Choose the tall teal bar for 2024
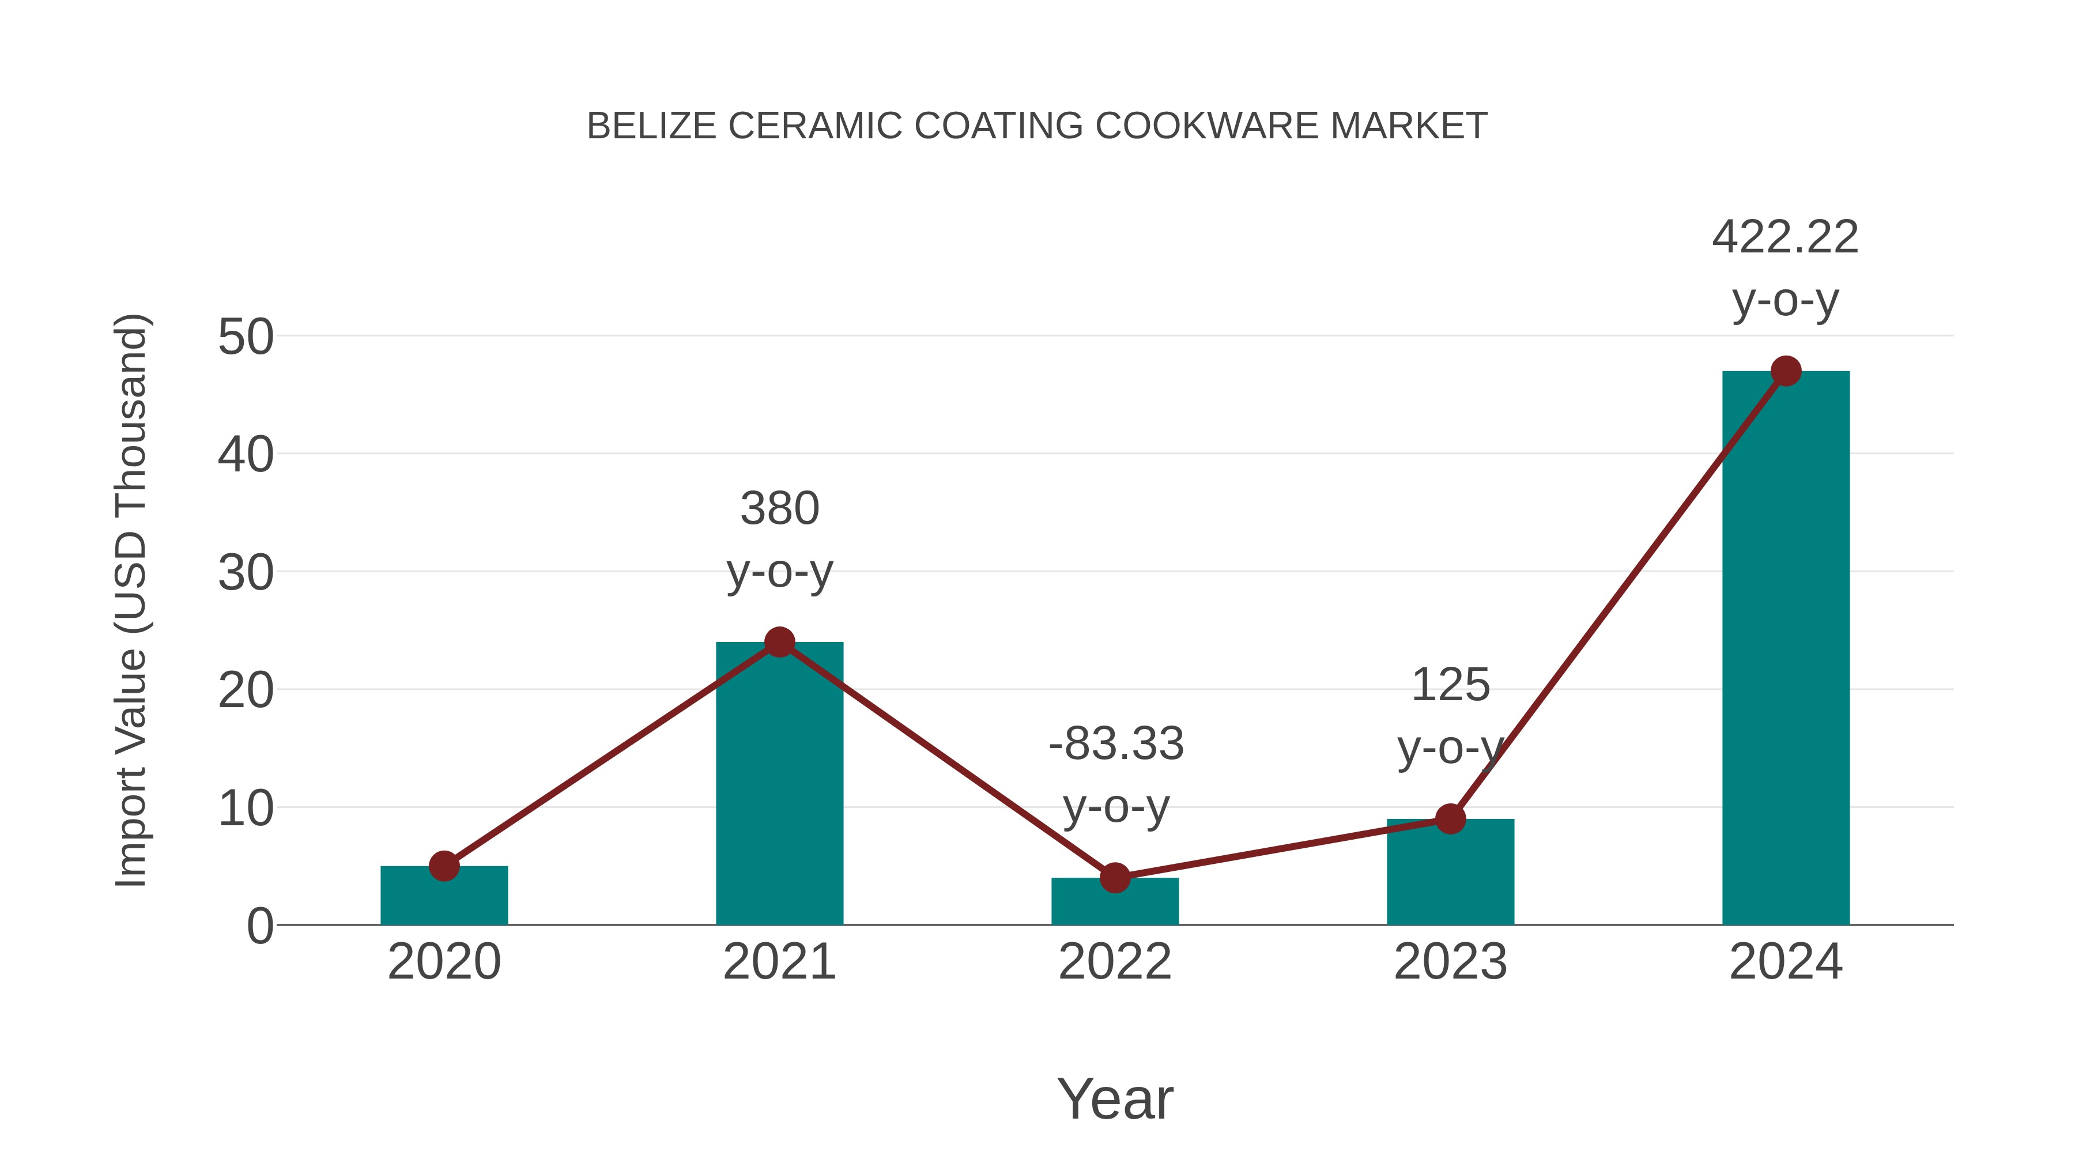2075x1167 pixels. (1786, 652)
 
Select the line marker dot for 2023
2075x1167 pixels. (1450, 819)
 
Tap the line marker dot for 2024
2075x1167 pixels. (1786, 371)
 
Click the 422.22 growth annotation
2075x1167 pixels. (1785, 239)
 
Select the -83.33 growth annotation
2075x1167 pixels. (1116, 743)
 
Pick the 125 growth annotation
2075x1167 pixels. (1450, 685)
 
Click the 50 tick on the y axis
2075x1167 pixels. (246, 338)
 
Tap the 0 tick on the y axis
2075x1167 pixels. (259, 926)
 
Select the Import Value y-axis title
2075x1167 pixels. (130, 600)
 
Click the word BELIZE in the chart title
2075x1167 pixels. (651, 126)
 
